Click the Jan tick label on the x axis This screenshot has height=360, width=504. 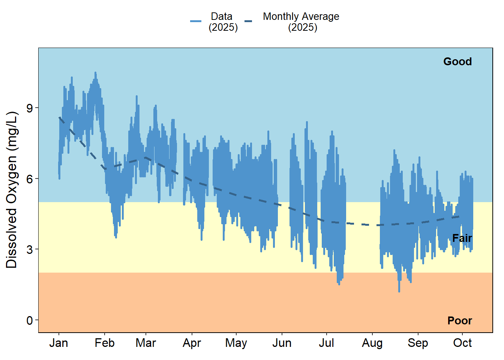click(58, 343)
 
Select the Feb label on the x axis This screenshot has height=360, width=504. click(105, 343)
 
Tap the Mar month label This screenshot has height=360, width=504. click(146, 343)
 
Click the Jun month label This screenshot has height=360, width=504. click(282, 343)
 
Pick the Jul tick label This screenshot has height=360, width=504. click(326, 343)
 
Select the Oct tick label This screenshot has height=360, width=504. click(462, 343)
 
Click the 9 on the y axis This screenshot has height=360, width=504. click(30, 108)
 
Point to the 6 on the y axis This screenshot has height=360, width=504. click(30, 179)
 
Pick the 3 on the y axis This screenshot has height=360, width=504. click(30, 250)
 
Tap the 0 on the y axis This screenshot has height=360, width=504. click(30, 321)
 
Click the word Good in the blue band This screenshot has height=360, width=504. click(457, 61)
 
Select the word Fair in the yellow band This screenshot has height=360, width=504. click(462, 238)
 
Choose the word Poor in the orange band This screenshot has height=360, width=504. click(460, 321)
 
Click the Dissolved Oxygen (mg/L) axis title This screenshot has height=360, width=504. click(12, 190)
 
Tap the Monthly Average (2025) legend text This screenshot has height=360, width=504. click(301, 22)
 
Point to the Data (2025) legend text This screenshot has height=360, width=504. click(223, 22)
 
